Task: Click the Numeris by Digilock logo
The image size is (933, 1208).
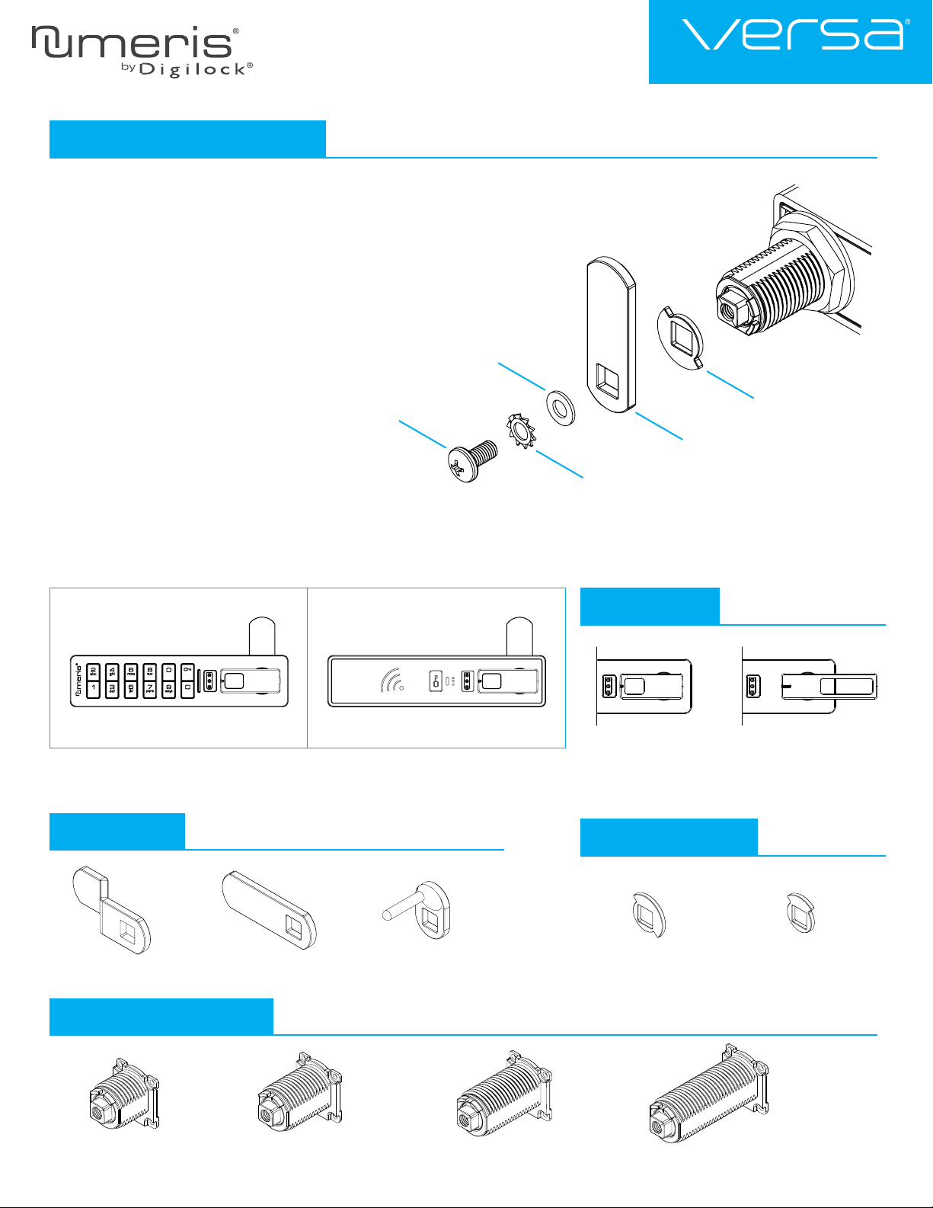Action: click(141, 50)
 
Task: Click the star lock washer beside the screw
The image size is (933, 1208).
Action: click(522, 431)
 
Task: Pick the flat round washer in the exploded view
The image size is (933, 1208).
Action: click(561, 408)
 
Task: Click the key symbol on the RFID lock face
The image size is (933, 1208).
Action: click(436, 681)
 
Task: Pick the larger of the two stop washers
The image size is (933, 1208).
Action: click(650, 913)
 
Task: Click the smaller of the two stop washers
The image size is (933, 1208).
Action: click(800, 912)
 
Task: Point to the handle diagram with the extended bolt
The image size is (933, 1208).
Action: click(810, 686)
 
